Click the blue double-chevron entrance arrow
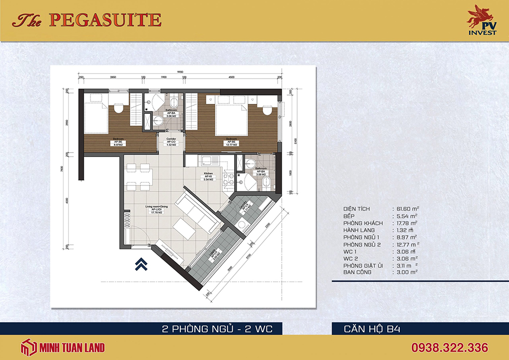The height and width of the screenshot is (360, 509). (x=141, y=264)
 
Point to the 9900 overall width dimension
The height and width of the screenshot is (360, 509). (x=179, y=72)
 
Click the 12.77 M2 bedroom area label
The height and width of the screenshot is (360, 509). (x=232, y=144)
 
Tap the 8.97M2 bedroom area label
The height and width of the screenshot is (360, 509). (x=119, y=144)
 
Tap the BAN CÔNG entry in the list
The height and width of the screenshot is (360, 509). (x=357, y=272)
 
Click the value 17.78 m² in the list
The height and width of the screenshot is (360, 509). (x=405, y=223)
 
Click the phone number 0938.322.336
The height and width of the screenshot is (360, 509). (x=449, y=347)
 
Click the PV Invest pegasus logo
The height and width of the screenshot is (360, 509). (x=481, y=20)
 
